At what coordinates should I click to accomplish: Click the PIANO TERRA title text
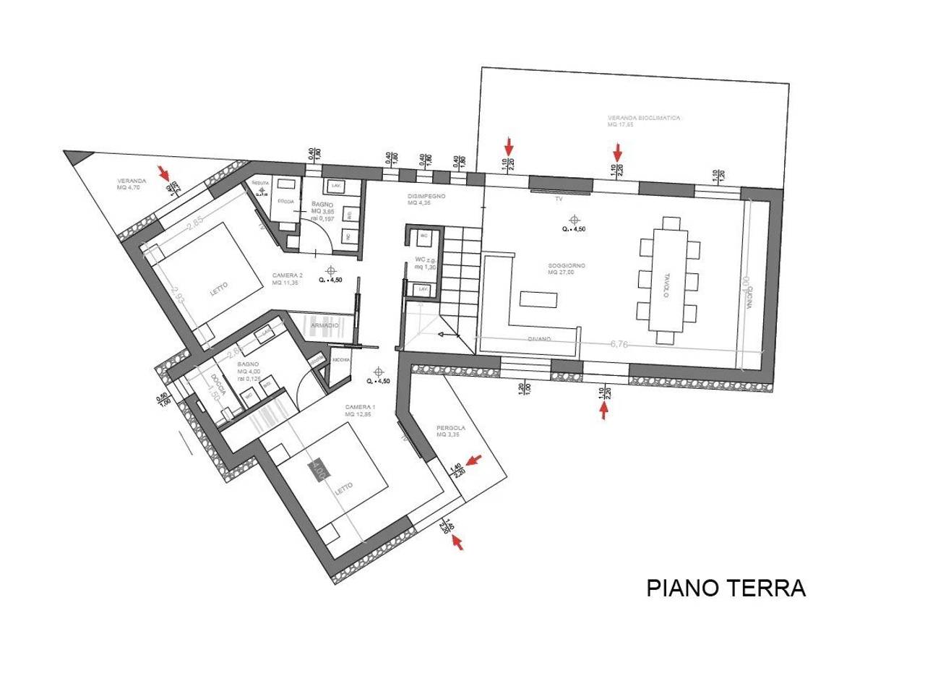726,588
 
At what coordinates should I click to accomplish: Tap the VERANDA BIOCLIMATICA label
644,118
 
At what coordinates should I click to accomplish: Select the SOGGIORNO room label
567,266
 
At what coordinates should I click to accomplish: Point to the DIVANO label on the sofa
539,339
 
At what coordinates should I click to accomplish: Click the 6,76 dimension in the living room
619,344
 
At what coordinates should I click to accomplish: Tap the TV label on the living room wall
558,197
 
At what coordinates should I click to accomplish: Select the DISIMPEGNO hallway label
426,197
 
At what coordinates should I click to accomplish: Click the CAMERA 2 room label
287,275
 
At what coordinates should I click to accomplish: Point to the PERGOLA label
451,428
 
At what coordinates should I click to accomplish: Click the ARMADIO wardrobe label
324,326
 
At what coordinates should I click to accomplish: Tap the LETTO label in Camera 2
218,286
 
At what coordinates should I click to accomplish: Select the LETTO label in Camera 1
343,489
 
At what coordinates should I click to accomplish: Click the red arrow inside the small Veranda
165,173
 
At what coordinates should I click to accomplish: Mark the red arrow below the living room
604,411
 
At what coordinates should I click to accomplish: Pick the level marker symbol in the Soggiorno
575,219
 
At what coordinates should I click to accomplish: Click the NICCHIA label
341,359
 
